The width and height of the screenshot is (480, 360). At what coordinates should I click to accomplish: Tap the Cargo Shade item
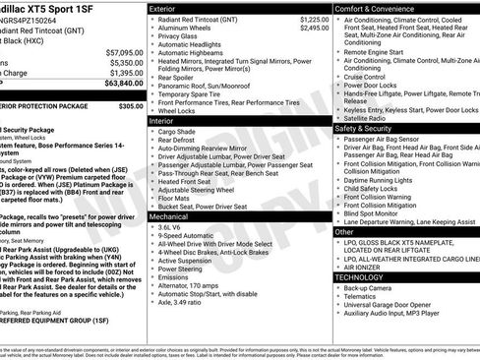tap(178, 130)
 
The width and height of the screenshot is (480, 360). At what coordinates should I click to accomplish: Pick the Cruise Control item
tap(365, 76)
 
